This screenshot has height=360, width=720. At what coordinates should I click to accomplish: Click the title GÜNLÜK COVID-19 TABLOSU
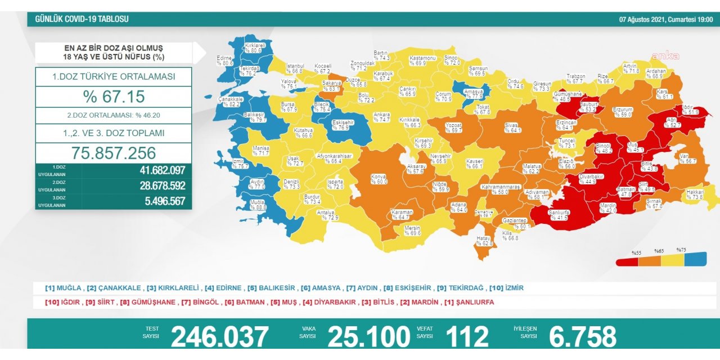point(82,19)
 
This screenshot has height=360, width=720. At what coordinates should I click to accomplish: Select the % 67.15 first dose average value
point(114,97)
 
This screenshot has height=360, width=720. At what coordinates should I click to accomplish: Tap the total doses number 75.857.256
point(114,153)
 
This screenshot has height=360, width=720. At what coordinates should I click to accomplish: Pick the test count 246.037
point(219,337)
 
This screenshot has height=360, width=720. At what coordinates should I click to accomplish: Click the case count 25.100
point(368,337)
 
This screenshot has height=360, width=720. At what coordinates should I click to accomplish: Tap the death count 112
point(467,337)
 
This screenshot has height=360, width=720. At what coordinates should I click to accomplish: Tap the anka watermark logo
point(665,56)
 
